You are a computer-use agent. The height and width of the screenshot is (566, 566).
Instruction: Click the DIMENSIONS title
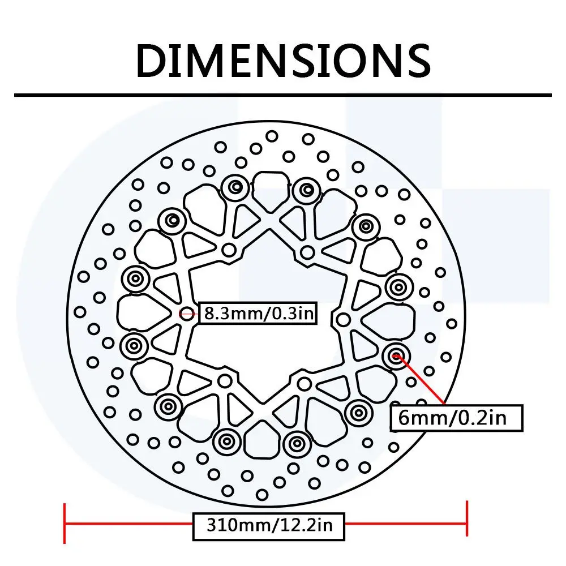[x=283, y=60]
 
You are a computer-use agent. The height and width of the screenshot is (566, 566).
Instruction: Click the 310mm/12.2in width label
[x=269, y=526]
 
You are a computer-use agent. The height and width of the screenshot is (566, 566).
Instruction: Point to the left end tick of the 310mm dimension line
[x=66, y=519]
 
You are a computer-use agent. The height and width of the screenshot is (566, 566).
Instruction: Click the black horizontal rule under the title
[x=283, y=95]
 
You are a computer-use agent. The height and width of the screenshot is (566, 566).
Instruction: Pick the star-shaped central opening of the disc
[x=266, y=317]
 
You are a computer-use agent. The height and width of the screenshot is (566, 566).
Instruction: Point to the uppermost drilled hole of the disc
[x=272, y=136]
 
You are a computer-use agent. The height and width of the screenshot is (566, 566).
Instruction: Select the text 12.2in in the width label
[x=307, y=526]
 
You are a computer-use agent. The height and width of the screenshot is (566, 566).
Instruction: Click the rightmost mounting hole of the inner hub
[x=343, y=320]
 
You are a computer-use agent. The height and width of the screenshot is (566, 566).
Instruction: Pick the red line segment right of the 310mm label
[x=405, y=524]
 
